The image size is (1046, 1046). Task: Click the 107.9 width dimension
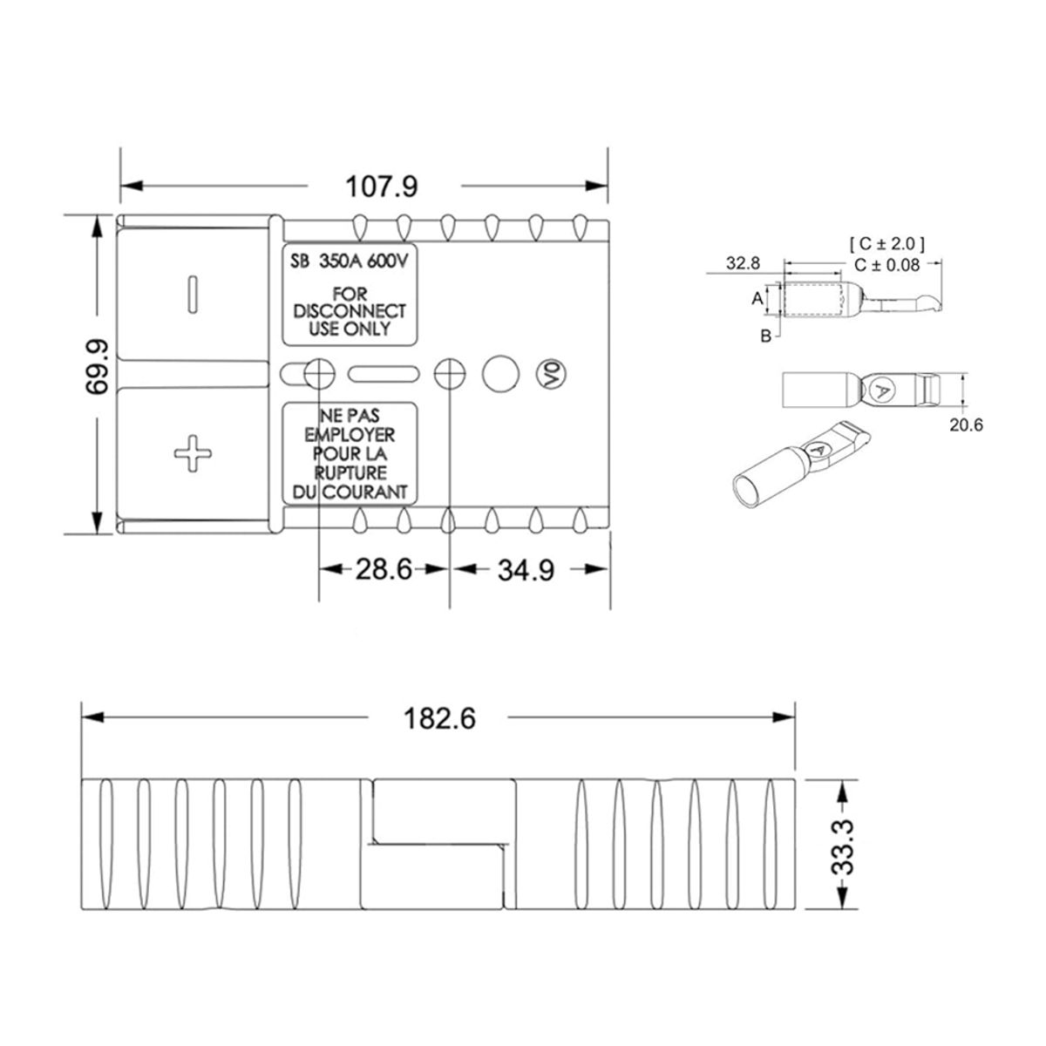[383, 186]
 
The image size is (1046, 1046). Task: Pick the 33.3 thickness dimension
[843, 846]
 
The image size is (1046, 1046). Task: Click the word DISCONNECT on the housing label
[350, 311]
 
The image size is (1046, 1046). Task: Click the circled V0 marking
[549, 374]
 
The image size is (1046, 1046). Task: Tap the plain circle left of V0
[500, 373]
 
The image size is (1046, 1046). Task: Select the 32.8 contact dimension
[743, 261]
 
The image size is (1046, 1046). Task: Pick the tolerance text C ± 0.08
[886, 264]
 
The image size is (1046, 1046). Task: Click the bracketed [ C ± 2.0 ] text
[886, 243]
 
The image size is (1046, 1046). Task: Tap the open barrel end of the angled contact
[746, 489]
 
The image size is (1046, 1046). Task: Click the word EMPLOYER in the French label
[350, 434]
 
